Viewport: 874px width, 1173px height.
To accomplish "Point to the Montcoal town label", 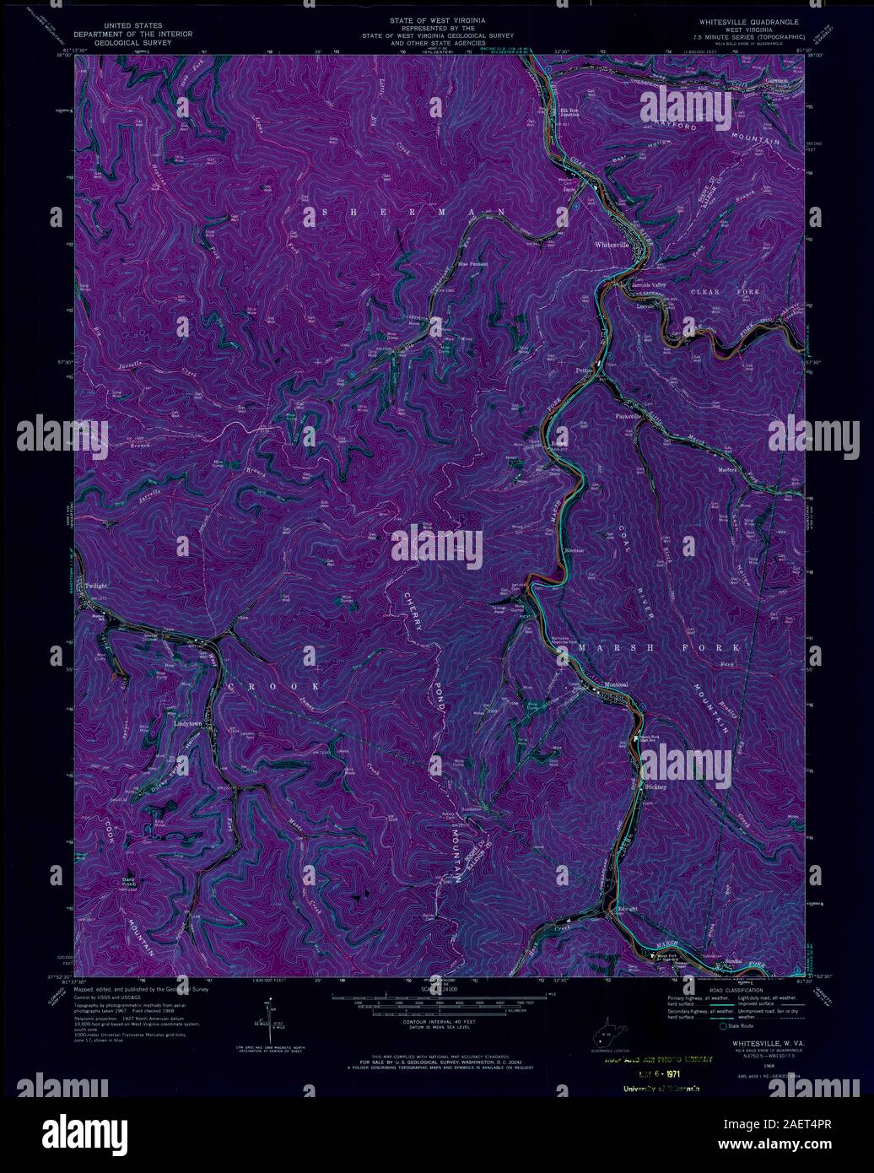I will click(615, 684).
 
